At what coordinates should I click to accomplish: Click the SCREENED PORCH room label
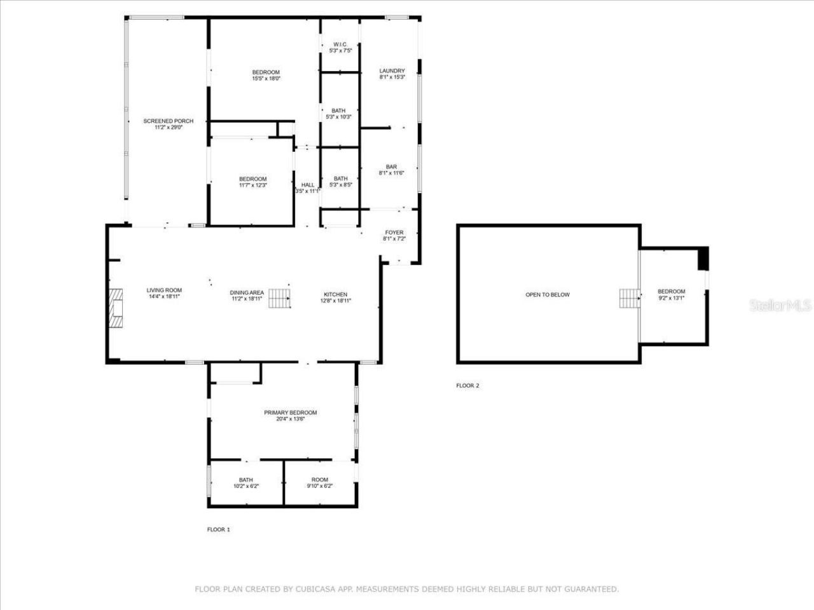coord(168,121)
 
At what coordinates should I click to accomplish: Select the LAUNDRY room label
coord(392,71)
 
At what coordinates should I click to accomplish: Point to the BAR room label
coord(391,166)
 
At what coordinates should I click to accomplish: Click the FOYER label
coord(394,233)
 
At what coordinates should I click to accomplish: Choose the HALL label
coord(308,185)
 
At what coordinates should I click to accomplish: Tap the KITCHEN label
coord(335,294)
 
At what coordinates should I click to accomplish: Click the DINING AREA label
coord(247,292)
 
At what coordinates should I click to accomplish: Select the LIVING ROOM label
coord(164,290)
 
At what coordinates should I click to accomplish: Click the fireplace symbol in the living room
coord(115,308)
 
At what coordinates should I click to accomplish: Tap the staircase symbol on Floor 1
coord(280,298)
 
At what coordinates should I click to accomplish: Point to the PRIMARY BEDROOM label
coord(290,412)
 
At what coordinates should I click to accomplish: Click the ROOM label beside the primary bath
coord(320,480)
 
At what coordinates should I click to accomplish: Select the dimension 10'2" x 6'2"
coord(246,486)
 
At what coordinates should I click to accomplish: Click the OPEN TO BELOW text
coord(548,295)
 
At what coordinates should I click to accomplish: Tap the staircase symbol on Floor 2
coord(630,298)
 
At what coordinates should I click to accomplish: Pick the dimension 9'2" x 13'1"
coord(671,298)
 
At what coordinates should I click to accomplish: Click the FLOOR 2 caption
coord(467,386)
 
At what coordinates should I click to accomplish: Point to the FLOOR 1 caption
coord(219,529)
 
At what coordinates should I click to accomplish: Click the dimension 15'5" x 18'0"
coord(266,79)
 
